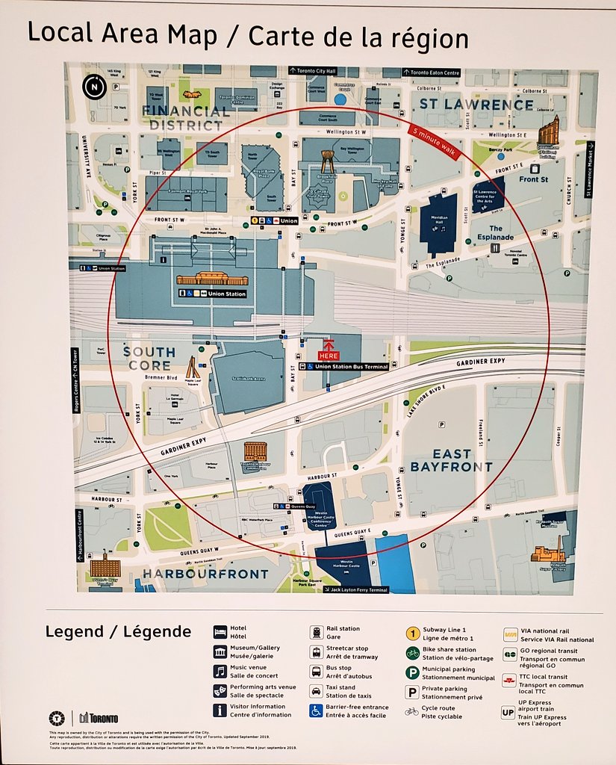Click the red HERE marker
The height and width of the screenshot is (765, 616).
(x=329, y=352)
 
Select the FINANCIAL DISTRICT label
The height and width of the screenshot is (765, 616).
(x=186, y=118)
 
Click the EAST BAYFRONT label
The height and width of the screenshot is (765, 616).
(x=451, y=460)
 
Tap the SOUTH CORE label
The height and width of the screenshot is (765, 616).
(x=149, y=359)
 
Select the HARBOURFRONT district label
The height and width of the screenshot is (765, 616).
(x=205, y=574)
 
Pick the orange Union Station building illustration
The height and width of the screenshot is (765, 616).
(x=212, y=279)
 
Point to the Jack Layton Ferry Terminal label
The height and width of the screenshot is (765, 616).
(x=356, y=589)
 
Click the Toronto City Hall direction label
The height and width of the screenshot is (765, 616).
(x=313, y=71)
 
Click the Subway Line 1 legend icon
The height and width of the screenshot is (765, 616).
(x=411, y=633)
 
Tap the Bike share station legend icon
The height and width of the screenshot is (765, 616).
(x=411, y=653)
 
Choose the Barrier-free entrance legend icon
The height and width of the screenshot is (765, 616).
(x=316, y=710)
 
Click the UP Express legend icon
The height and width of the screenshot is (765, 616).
(x=508, y=713)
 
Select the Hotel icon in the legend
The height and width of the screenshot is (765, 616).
(x=220, y=632)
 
